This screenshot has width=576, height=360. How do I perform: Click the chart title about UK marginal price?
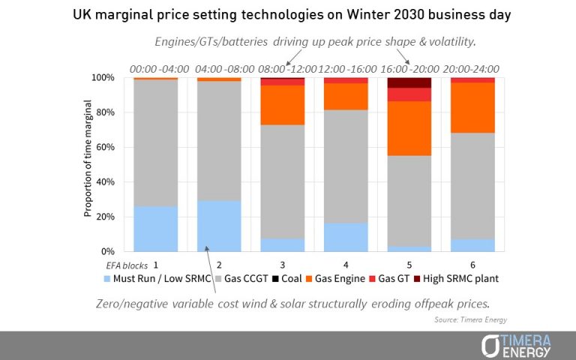click(x=287, y=16)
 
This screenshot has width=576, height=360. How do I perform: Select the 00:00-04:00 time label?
click(x=156, y=69)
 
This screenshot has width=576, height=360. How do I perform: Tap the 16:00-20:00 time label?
click(x=409, y=69)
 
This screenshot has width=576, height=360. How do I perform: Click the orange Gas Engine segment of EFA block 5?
click(x=409, y=128)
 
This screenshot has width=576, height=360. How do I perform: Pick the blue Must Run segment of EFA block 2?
click(x=219, y=226)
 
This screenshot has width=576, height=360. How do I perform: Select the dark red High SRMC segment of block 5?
click(x=409, y=82)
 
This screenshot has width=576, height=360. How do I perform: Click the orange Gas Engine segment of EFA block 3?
click(x=282, y=105)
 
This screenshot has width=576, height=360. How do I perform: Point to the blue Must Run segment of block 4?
click(x=346, y=237)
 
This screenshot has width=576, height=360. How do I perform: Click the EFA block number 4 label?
click(x=346, y=265)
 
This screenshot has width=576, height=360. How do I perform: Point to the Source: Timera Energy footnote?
click(x=464, y=319)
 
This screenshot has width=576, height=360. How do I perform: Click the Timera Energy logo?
click(x=517, y=346)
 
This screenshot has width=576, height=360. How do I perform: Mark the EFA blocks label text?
click(x=126, y=265)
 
